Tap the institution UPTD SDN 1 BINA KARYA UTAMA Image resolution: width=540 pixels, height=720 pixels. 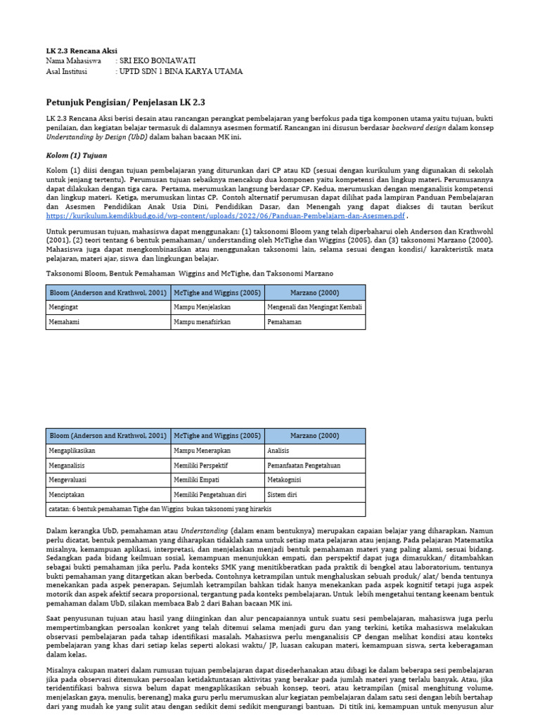click(181, 71)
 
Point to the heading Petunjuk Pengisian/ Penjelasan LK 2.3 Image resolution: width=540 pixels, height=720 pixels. click(120, 103)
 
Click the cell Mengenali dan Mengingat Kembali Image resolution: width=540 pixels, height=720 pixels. click(315, 307)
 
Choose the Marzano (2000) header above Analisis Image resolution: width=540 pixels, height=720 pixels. click(315, 435)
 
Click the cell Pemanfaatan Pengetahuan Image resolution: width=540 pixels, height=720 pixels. click(303, 465)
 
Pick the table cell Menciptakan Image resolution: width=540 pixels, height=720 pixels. click(68, 495)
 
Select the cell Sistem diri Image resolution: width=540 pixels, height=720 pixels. click(283, 495)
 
